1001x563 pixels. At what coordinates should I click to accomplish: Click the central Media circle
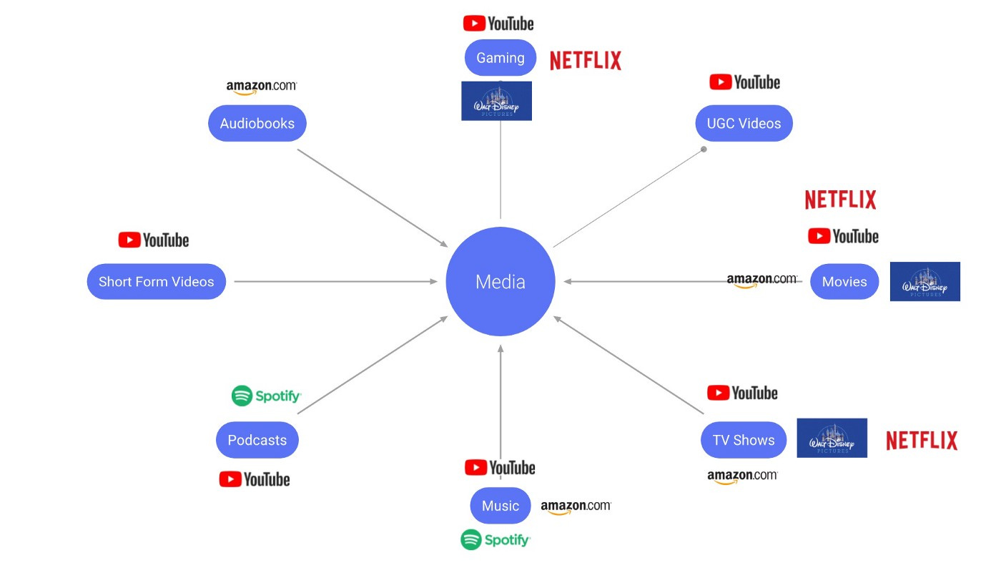tap(500, 281)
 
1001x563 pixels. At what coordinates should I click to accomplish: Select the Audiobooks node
tap(257, 123)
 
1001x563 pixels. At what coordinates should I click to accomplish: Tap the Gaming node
tap(500, 58)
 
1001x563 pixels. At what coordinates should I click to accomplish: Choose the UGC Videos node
tap(744, 123)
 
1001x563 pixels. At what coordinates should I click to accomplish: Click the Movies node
tap(844, 281)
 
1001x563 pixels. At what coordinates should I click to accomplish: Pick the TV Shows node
tap(744, 440)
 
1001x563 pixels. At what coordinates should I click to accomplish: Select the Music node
tap(500, 506)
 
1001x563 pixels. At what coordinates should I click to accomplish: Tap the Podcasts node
tap(257, 440)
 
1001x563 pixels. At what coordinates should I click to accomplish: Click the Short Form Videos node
tap(157, 281)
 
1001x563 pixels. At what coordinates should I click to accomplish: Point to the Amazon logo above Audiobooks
tap(261, 87)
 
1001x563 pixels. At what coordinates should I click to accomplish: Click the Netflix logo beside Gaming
tap(586, 61)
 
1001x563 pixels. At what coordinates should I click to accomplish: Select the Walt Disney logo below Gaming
tap(496, 101)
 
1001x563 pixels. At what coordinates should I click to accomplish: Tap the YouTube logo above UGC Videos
tap(744, 82)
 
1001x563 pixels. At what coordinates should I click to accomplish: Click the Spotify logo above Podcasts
tap(266, 396)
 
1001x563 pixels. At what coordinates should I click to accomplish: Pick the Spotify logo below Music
tap(495, 539)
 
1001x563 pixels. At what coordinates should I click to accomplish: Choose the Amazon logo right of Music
tap(576, 506)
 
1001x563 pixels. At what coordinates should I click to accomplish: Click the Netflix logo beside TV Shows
tap(922, 441)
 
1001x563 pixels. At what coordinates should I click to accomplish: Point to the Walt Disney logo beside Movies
tap(924, 281)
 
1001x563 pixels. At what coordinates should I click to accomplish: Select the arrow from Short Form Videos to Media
tap(335, 281)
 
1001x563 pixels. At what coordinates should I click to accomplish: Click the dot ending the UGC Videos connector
tap(704, 150)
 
